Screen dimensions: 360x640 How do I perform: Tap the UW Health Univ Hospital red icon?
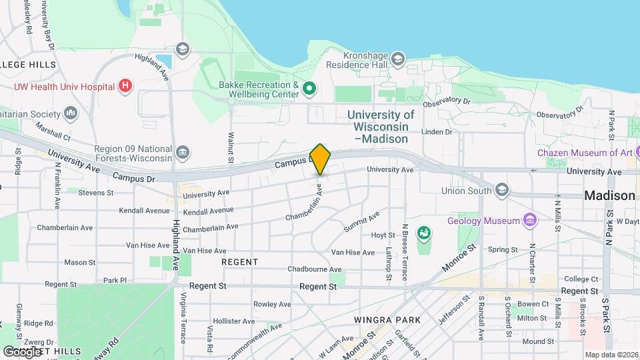point(125,85)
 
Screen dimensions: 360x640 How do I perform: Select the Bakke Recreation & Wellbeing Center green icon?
point(309,88)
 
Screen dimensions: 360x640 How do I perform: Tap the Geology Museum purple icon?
point(530,219)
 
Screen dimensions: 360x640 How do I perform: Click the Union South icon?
point(502,190)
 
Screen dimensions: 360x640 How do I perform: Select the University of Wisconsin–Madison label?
point(381,127)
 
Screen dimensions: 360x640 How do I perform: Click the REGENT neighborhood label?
point(239,262)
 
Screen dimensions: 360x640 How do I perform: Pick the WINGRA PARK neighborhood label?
point(387,320)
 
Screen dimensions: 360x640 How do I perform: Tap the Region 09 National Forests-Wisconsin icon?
point(183,153)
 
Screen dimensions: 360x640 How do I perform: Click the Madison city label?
point(609,196)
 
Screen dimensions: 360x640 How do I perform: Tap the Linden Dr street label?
point(438,131)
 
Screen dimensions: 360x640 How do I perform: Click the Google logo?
point(22,351)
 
